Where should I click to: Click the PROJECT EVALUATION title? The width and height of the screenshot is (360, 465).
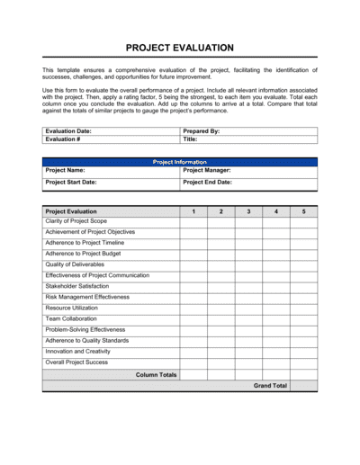(180, 47)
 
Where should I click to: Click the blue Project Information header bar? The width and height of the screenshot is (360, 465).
(180, 162)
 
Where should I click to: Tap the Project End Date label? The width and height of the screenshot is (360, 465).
(207, 182)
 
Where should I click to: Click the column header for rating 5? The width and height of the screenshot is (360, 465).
(303, 210)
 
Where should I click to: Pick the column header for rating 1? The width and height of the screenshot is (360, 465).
(193, 210)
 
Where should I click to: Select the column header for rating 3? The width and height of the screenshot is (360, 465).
(248, 210)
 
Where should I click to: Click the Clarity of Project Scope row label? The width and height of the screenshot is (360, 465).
(76, 221)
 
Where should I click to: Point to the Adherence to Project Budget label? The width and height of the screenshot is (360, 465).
(84, 254)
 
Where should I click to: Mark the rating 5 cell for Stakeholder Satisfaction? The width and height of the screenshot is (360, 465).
(303, 286)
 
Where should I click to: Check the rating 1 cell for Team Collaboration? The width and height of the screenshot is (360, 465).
(193, 319)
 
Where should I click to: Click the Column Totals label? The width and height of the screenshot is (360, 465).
(156, 374)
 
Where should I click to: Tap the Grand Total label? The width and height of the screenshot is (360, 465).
(270, 385)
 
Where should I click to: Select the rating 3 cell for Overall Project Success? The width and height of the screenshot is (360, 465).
(248, 362)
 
